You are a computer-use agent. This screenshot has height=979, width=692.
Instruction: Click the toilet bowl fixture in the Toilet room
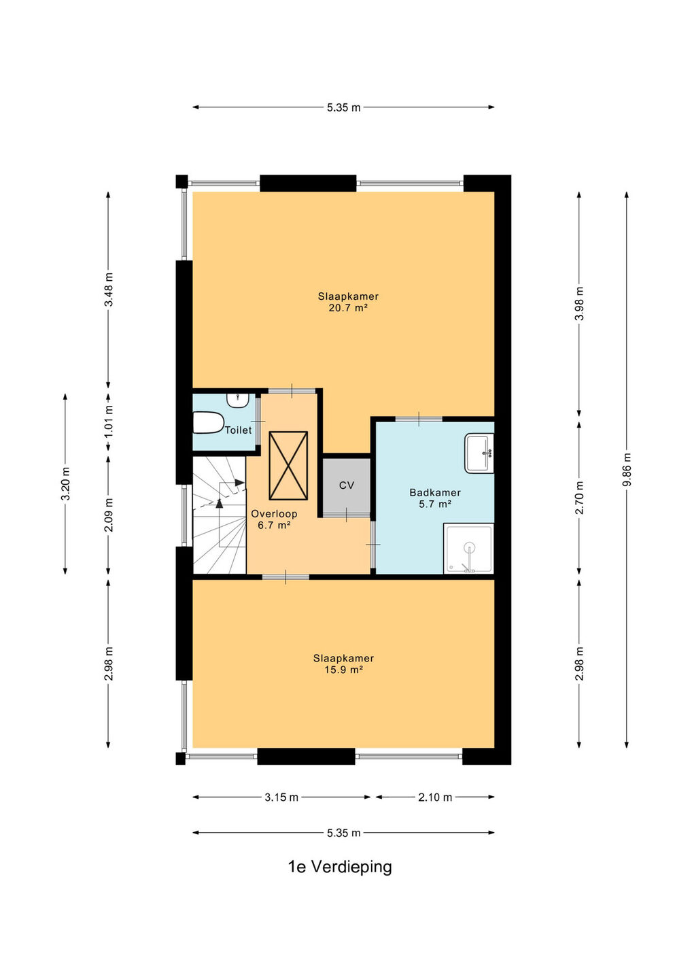tap(208, 422)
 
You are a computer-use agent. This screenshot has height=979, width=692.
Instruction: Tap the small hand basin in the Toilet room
tap(238, 400)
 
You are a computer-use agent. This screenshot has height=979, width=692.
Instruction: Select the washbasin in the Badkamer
tap(479, 453)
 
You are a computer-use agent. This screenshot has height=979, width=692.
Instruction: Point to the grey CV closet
tap(347, 485)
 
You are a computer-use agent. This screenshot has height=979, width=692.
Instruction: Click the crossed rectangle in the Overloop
tap(288, 465)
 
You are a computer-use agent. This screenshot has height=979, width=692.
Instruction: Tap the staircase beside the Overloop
tap(220, 515)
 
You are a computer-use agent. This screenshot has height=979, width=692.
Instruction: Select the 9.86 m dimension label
tap(627, 469)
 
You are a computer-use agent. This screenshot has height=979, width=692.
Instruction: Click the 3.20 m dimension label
tap(65, 484)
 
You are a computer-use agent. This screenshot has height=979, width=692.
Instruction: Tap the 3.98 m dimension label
tap(579, 303)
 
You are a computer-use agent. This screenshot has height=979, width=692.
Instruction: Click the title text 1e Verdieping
tap(340, 866)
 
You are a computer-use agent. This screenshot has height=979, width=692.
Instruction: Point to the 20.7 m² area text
tap(348, 308)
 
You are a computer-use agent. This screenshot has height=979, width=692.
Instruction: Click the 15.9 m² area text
tap(344, 670)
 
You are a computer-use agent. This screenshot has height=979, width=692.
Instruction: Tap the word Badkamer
tap(435, 492)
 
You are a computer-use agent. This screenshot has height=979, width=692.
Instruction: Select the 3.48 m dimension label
tap(109, 290)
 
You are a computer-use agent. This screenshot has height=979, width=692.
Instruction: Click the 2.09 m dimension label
tap(109, 515)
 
